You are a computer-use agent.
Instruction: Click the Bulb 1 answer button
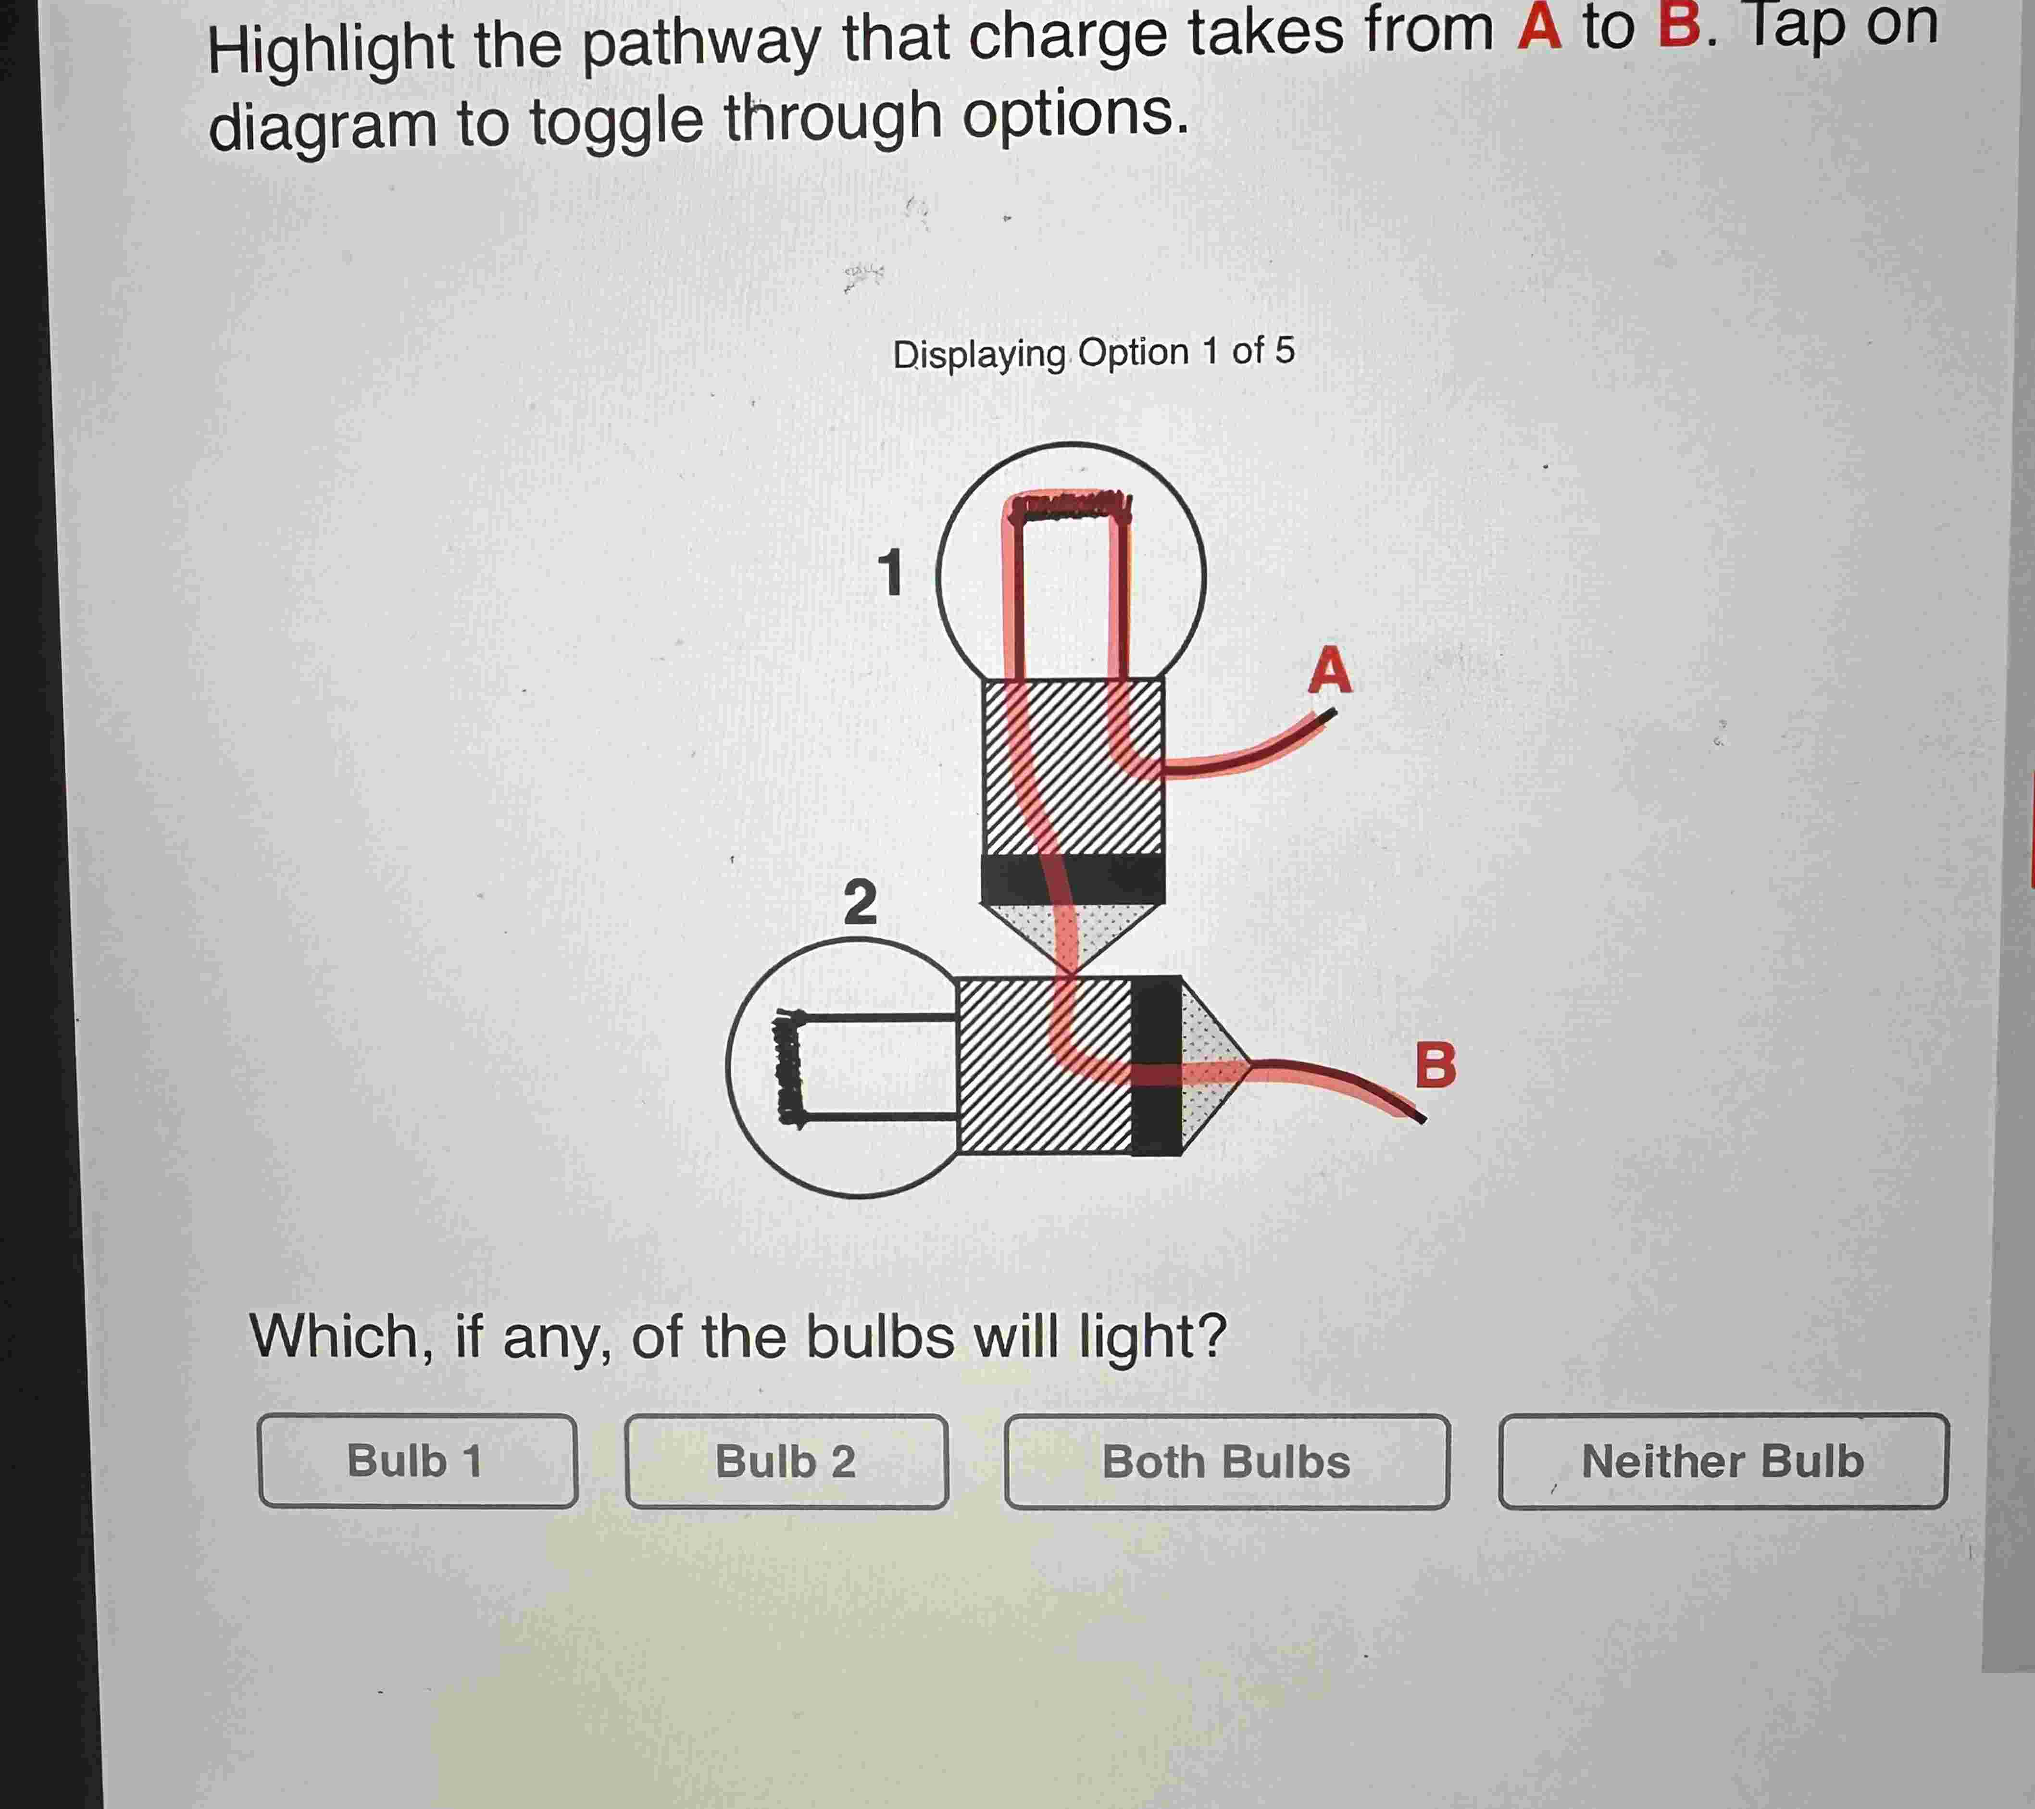pyautogui.click(x=417, y=1460)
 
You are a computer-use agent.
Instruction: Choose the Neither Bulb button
pyautogui.click(x=1723, y=1460)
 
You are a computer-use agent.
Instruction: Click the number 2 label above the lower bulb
pyautogui.click(x=860, y=902)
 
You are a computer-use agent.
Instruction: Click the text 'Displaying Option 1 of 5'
pyautogui.click(x=1093, y=352)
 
